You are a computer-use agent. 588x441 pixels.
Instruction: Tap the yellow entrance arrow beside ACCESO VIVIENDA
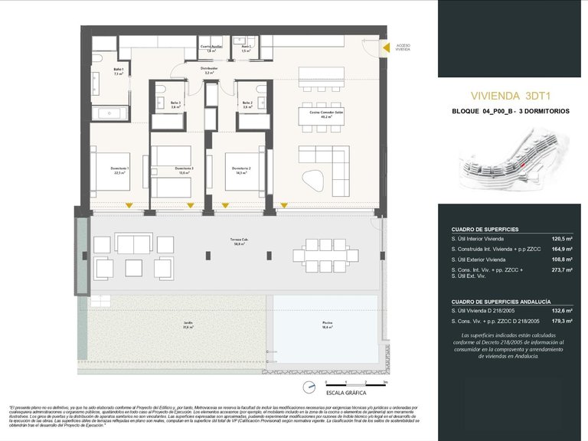click(387, 47)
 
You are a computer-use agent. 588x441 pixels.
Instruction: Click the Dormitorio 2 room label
click(243, 169)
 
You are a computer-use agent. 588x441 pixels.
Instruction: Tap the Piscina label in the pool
click(327, 325)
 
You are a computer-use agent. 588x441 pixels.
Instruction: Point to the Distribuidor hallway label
click(209, 70)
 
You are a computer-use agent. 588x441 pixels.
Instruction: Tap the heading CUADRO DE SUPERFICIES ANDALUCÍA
click(501, 302)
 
